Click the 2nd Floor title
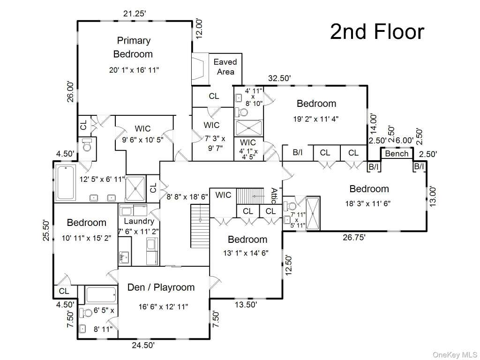377,32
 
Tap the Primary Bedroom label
134,47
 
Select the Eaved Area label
225,67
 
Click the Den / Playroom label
161,287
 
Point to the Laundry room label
139,221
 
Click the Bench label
397,153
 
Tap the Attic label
274,196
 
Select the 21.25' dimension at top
135,14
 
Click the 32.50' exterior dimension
279,78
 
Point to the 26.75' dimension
354,237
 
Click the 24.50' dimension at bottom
143,345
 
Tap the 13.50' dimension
246,305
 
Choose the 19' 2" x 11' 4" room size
316,119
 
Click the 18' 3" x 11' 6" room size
368,203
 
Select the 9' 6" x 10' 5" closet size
143,140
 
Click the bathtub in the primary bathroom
65,182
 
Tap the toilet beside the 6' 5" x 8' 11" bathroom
86,313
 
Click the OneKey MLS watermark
455,355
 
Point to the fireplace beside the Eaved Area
200,69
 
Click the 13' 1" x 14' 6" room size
246,253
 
